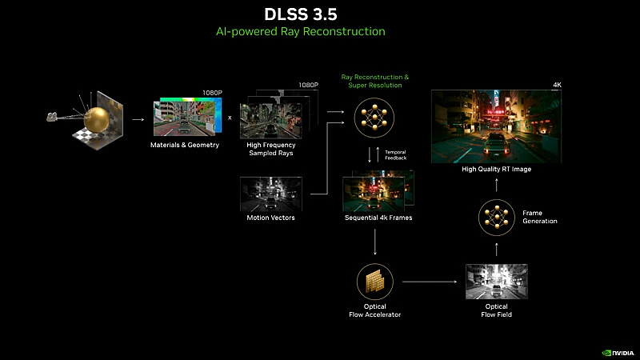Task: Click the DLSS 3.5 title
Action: pyautogui.click(x=320, y=14)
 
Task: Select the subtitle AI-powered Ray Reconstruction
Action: pyautogui.click(x=320, y=31)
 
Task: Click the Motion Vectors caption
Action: pyautogui.click(x=270, y=218)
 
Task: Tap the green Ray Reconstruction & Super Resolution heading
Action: pyautogui.click(x=374, y=81)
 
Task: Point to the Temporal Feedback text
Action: pyautogui.click(x=396, y=155)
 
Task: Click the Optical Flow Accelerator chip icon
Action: pyautogui.click(x=374, y=282)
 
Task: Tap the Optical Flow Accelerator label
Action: pyautogui.click(x=374, y=310)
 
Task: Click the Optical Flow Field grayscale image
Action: pyautogui.click(x=496, y=282)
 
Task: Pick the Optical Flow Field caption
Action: pyautogui.click(x=496, y=310)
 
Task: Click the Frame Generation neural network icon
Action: pyautogui.click(x=496, y=217)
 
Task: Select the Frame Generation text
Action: pyautogui.click(x=539, y=217)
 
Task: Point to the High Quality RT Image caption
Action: pyautogui.click(x=496, y=170)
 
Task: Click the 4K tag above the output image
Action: pyautogui.click(x=557, y=85)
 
